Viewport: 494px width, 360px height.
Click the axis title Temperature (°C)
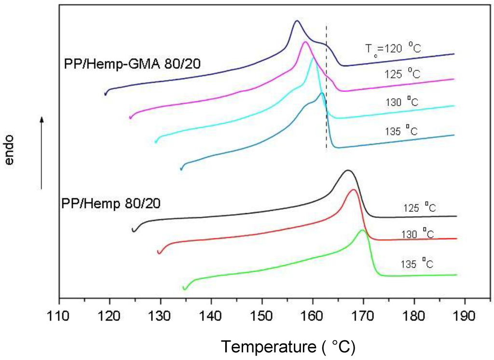coord(288,346)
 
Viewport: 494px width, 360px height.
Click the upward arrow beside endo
coord(42,152)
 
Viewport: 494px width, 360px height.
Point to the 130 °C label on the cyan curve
coord(400,102)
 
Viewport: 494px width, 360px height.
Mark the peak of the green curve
coord(362,230)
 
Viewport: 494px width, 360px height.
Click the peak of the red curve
coord(354,190)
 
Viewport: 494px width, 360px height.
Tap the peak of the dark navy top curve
coord(297,21)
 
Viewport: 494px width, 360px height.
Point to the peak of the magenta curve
coord(305,42)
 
